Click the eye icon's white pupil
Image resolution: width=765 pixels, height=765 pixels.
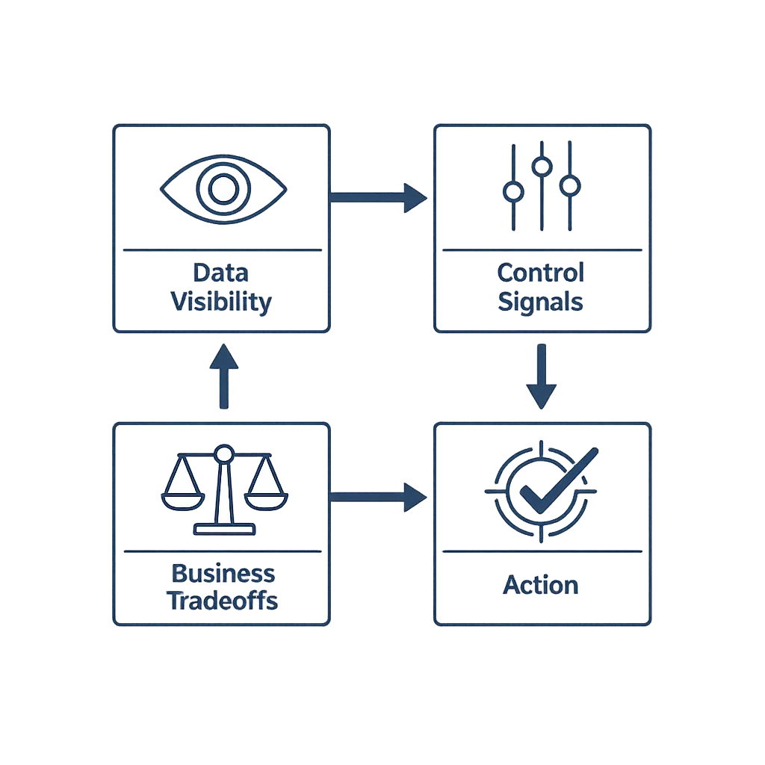222,188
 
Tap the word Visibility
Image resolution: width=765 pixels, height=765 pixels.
221,302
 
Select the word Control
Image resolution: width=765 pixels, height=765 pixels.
541,272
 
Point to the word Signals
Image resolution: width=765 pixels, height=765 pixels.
541,302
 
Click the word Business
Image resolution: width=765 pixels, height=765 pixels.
223,574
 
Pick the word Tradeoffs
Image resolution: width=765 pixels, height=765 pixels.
223,601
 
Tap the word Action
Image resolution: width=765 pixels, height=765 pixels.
541,585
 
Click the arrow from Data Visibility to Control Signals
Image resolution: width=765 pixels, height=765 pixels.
378,196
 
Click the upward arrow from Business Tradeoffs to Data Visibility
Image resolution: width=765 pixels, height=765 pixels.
223,377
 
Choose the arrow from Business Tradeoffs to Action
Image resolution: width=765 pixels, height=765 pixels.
378,495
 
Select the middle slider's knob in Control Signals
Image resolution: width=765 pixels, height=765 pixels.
542,166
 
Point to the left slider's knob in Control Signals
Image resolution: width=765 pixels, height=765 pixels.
513,192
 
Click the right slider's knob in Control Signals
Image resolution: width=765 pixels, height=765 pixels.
570,185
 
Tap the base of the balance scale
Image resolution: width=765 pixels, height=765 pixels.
223,530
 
